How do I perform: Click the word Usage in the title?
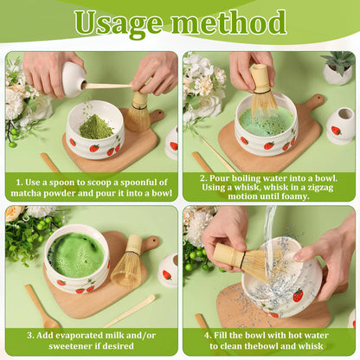119,23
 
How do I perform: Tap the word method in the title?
229,22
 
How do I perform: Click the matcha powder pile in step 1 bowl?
95,127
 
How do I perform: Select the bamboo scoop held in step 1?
106,86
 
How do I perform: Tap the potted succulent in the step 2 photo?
337,68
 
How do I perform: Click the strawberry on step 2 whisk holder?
336,131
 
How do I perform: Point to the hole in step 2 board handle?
318,100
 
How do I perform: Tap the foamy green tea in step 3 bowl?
75,255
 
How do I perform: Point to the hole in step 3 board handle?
156,240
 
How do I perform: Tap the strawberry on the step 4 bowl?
298,295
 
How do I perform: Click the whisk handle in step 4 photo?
229,255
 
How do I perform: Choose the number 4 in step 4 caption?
207,336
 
